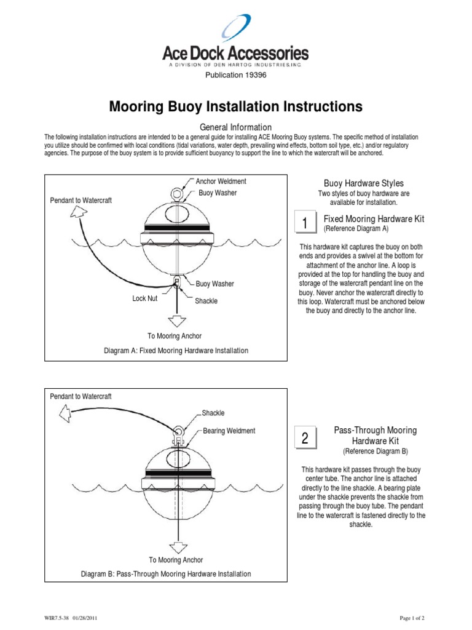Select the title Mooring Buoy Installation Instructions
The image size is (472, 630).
click(235, 106)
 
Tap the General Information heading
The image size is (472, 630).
click(236, 127)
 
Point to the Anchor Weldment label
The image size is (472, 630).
click(221, 181)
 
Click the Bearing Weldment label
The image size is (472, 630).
click(229, 431)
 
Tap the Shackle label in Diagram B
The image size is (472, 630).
click(213, 413)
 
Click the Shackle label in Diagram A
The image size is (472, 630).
click(206, 301)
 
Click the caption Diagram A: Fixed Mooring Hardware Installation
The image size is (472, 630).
click(176, 351)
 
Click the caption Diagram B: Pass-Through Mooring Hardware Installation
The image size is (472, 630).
click(167, 574)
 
